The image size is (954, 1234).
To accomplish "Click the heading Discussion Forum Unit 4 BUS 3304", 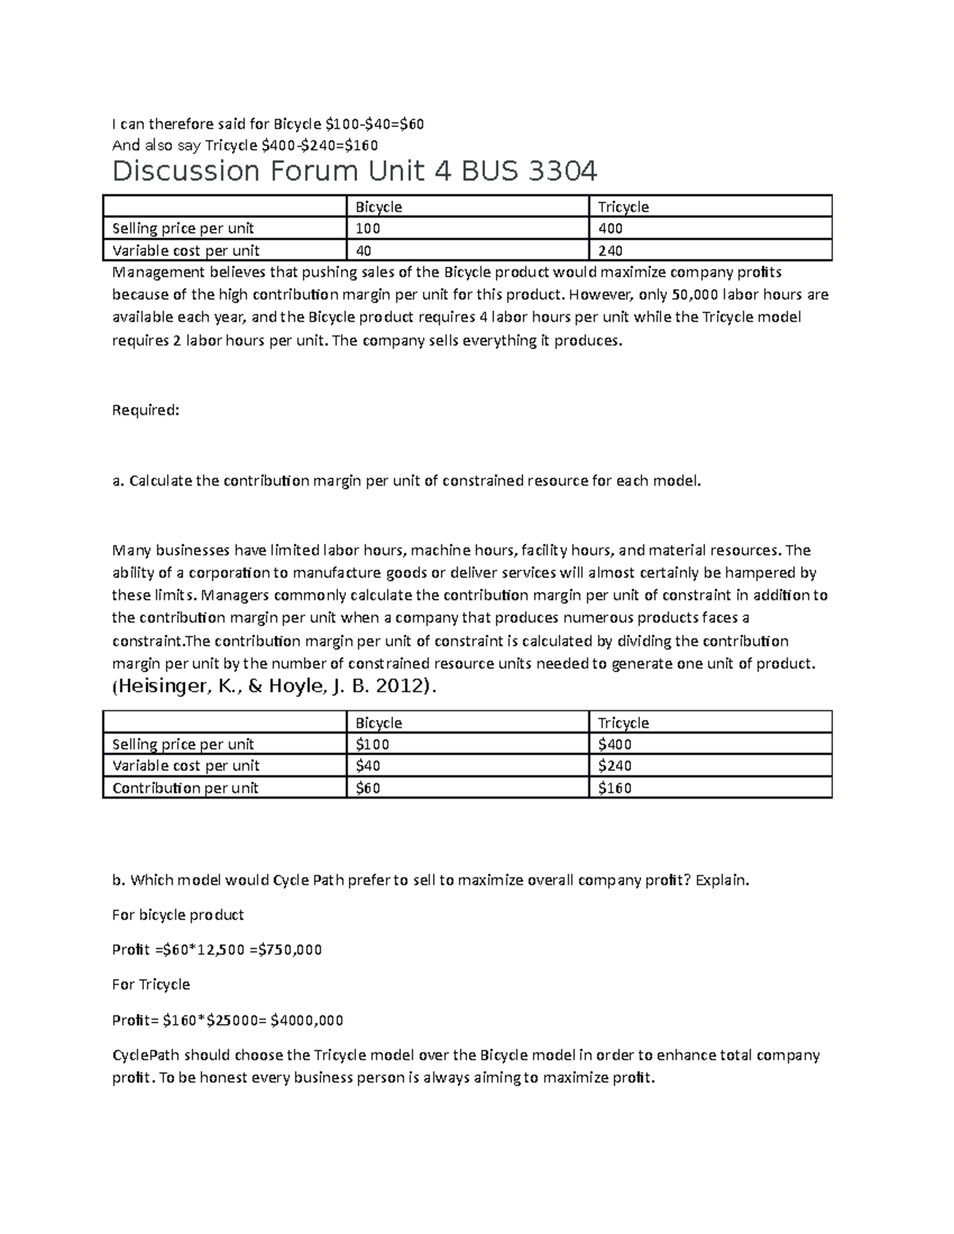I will (355, 172).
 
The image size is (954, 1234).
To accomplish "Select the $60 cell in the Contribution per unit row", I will (367, 788).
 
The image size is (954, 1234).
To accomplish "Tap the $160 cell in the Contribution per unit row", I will (615, 788).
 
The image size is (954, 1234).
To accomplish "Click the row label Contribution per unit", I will (185, 788).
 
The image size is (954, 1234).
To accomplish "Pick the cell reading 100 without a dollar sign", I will (367, 229).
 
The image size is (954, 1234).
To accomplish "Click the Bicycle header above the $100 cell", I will (378, 723).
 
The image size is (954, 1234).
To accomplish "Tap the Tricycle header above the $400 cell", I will (623, 723).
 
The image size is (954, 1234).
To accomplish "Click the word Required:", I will (146, 410).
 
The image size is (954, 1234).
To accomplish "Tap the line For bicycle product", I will (178, 915).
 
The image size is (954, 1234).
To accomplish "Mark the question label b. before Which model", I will (119, 880).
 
